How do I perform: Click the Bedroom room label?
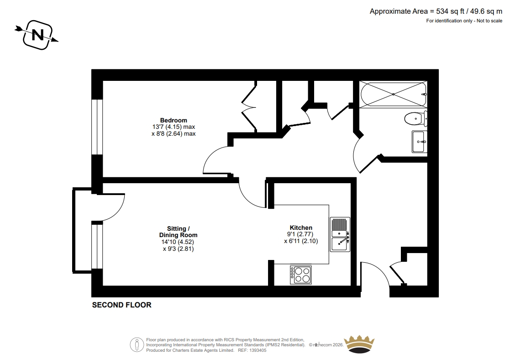(x=174, y=120)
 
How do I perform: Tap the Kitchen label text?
(x=301, y=228)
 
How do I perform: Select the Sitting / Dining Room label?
(x=178, y=232)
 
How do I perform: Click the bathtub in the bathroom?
(x=393, y=94)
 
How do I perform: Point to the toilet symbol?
(x=416, y=118)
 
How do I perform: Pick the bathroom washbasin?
(x=419, y=142)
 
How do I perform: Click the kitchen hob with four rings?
(x=301, y=275)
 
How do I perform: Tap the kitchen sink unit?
(x=340, y=234)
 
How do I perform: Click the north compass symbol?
(x=37, y=35)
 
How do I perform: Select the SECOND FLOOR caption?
(x=121, y=305)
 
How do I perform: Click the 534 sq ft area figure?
(x=450, y=11)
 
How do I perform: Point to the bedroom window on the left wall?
(x=97, y=127)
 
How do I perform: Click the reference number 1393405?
(x=257, y=350)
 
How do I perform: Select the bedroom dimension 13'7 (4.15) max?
(x=174, y=127)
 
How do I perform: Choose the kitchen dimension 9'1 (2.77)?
(x=300, y=234)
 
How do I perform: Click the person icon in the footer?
(x=137, y=345)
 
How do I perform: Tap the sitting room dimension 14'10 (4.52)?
(x=178, y=242)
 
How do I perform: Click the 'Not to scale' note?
(x=489, y=21)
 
